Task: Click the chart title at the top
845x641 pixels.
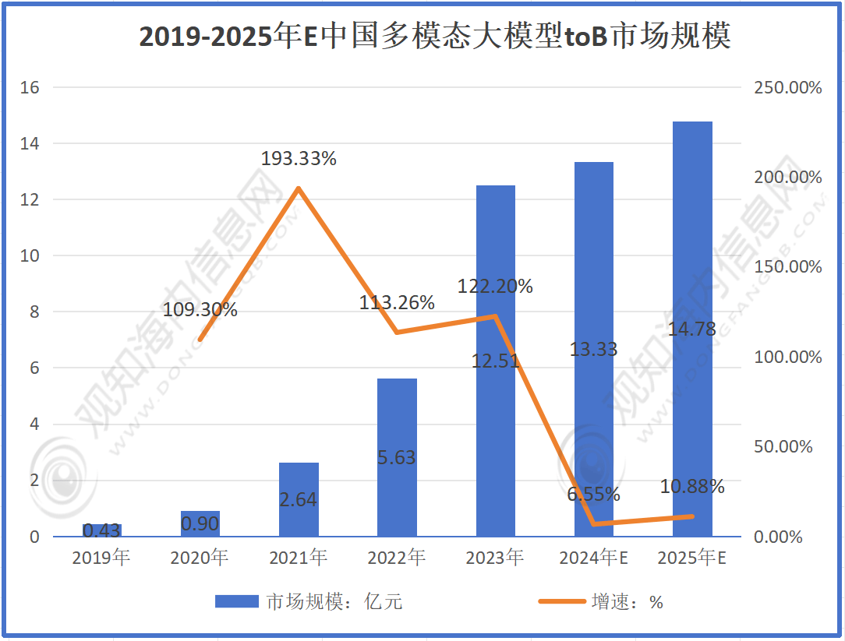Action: coord(435,37)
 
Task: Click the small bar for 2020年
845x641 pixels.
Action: coord(200,523)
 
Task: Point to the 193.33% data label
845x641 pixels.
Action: coord(299,159)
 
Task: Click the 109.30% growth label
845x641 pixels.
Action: coord(200,309)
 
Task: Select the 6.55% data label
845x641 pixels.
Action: coord(594,494)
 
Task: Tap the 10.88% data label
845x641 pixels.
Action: coord(692,487)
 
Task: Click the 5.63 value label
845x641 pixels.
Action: coord(397,458)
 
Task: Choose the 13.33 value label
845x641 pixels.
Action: coord(594,349)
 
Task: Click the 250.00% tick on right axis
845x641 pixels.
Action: coord(788,87)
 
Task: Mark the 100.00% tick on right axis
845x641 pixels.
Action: coord(788,357)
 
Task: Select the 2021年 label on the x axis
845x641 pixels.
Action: coord(299,558)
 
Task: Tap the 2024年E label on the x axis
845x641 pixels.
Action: coord(594,558)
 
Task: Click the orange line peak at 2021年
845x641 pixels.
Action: coord(299,188)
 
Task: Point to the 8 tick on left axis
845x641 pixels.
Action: coord(34,312)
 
